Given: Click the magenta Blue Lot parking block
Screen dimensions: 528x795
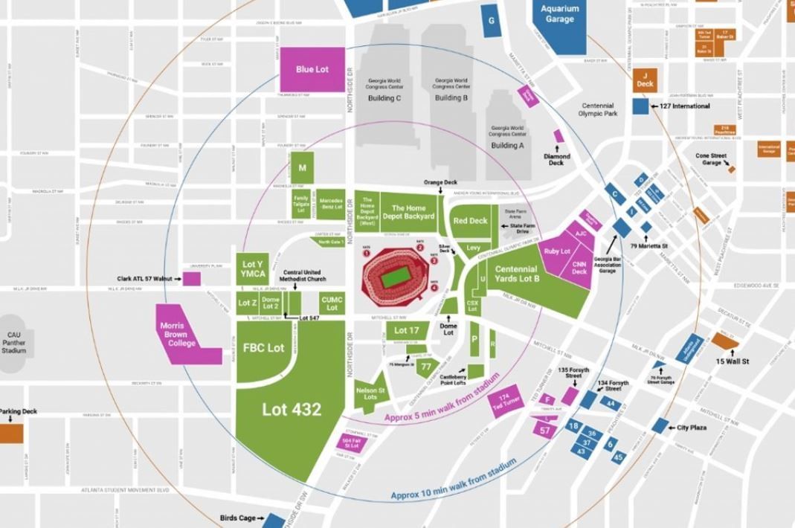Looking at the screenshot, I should pos(312,69).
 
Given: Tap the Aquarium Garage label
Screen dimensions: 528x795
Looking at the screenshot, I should pos(559,14).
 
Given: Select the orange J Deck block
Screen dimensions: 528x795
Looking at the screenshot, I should pos(645,80).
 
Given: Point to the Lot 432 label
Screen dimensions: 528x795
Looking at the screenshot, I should pos(291,409).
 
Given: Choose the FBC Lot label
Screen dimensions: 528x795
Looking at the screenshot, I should pos(263,347).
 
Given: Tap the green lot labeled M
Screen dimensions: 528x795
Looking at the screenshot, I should pos(302,168).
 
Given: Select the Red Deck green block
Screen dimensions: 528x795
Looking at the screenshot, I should pos(471,221).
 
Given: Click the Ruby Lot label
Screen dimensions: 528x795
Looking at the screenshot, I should pos(557,251).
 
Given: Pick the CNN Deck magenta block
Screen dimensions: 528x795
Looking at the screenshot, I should pos(579,268).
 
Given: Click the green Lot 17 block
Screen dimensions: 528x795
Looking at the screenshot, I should pos(407,330).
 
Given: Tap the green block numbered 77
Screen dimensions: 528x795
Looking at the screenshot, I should pos(426,367).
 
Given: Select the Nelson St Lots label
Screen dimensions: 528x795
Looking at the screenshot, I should pos(370,394).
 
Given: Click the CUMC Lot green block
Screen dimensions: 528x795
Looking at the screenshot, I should pos(332,303).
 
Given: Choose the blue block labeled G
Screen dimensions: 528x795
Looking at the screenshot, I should pos(491,20).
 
